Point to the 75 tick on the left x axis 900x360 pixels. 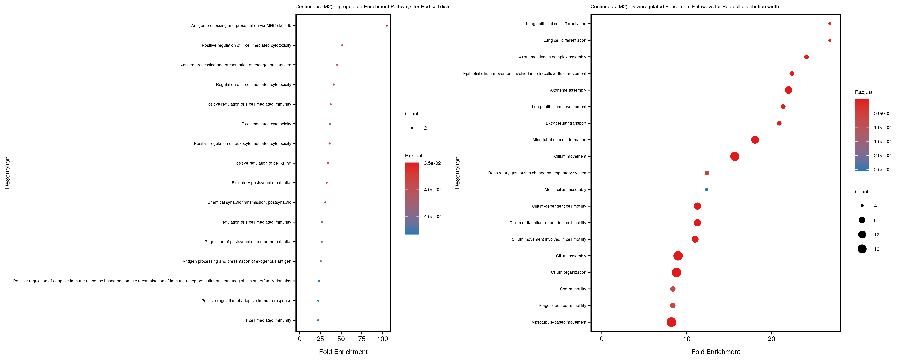362,339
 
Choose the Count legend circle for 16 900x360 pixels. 862,249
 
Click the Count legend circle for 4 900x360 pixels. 862,206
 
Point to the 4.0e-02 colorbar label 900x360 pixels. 432,190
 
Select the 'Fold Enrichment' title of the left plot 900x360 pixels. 343,352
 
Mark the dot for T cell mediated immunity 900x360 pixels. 318,320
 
